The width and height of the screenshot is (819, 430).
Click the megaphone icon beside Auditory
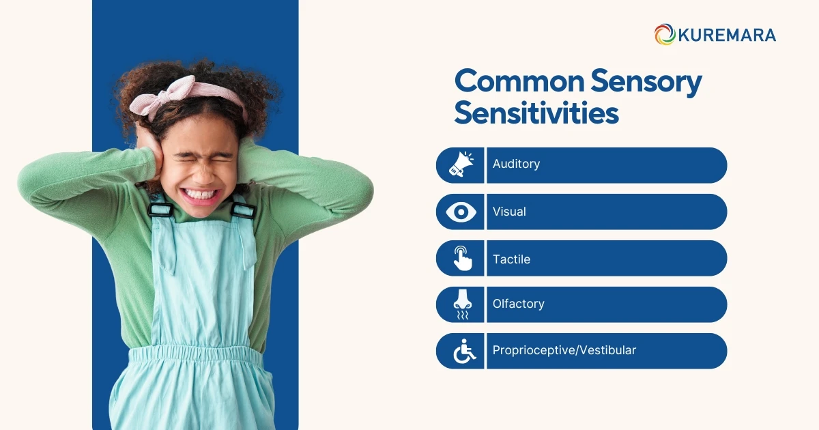461,165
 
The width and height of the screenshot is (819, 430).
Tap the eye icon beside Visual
461,212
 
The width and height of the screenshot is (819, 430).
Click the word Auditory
516,164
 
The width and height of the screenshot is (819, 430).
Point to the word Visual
509,212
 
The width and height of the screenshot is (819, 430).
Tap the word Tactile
511,259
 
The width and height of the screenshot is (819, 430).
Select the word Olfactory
518,304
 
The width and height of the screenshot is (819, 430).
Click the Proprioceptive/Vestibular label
564,351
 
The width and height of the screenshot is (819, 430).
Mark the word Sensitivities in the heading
536,113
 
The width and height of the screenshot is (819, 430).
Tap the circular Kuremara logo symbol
664,35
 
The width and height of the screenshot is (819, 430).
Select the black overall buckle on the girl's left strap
243,209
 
